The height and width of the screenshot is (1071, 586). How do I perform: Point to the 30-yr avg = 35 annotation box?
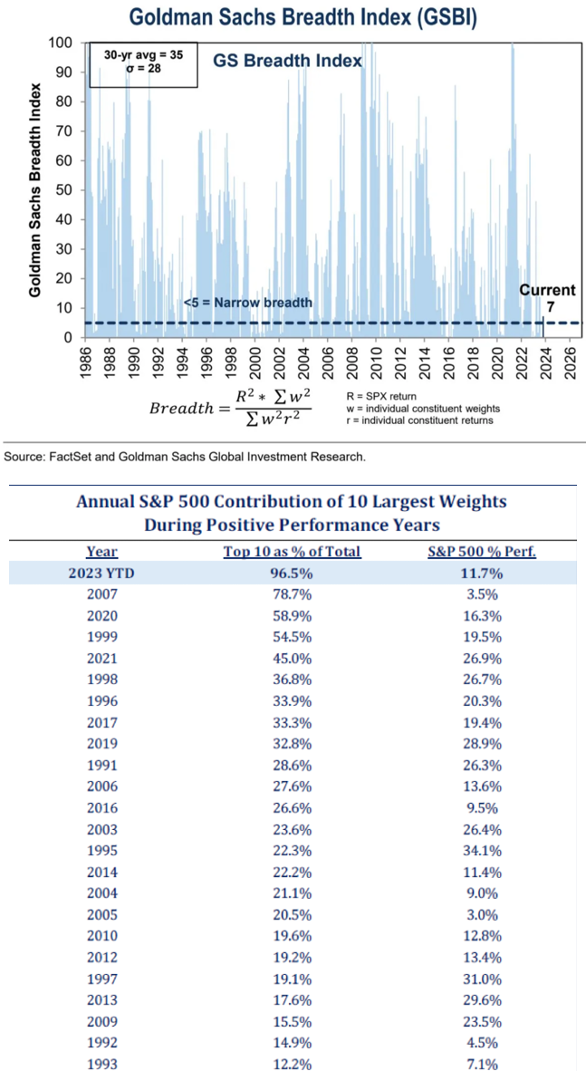point(143,62)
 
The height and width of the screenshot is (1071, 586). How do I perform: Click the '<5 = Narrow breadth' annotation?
point(247,302)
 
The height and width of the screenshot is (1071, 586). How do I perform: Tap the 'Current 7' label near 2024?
point(547,299)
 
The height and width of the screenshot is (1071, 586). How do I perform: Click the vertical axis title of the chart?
point(34,190)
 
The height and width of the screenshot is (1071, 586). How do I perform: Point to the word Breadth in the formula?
point(179,408)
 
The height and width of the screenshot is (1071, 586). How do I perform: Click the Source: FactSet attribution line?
point(186,457)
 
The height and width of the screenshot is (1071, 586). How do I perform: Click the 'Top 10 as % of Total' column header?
point(292,551)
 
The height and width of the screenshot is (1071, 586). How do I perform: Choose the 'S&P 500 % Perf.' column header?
point(481,551)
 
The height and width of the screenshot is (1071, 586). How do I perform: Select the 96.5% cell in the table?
point(292,574)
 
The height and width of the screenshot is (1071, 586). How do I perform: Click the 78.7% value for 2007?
point(292,596)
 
